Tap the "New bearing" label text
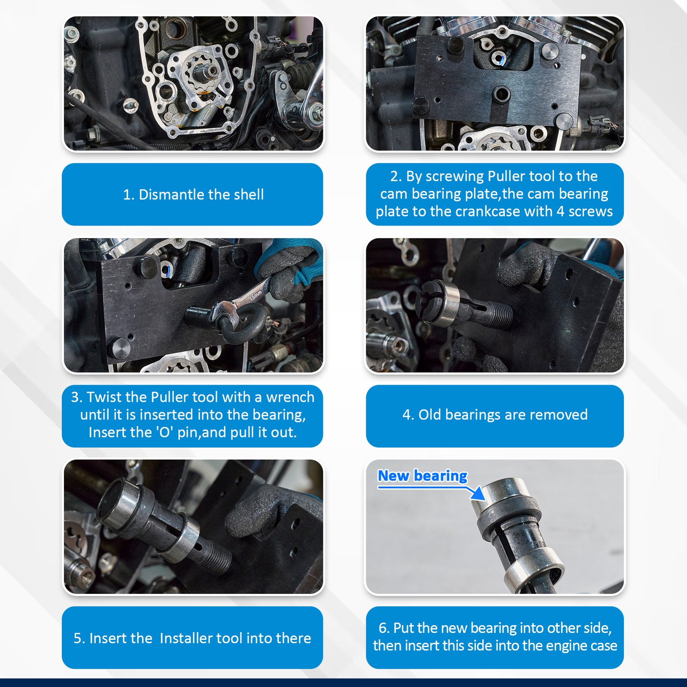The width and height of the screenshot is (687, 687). pyautogui.click(x=423, y=476)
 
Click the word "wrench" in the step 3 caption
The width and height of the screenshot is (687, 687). pyautogui.click(x=290, y=397)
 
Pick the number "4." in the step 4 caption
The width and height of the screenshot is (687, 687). pyautogui.click(x=408, y=415)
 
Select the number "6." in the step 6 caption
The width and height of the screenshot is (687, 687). pyautogui.click(x=384, y=628)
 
